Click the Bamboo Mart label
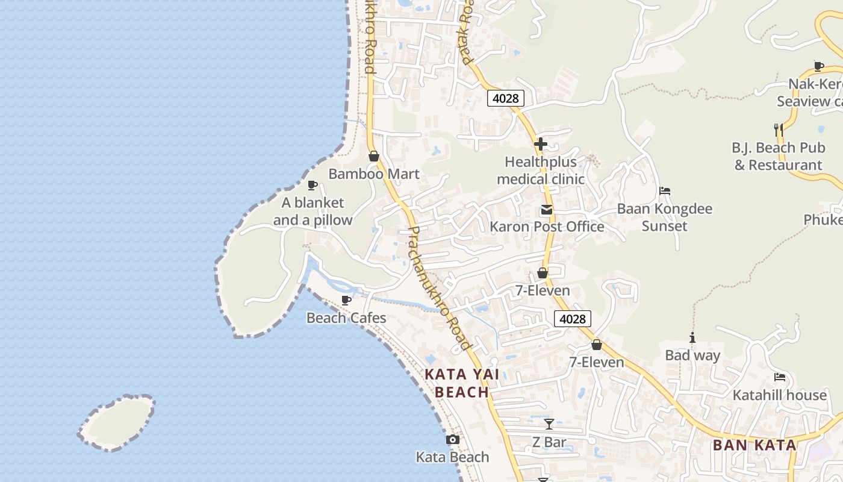click(x=373, y=174)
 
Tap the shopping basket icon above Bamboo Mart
click(x=374, y=157)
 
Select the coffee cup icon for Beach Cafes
click(x=346, y=300)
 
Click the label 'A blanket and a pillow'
click(x=313, y=211)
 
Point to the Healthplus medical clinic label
click(x=541, y=171)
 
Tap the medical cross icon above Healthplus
click(x=541, y=144)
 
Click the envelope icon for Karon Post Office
click(x=547, y=210)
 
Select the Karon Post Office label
click(x=547, y=227)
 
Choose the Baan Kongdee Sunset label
click(x=664, y=218)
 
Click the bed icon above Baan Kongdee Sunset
click(x=665, y=191)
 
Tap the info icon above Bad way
click(x=692, y=338)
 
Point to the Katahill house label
click(x=779, y=395)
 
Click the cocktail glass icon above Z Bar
click(x=549, y=424)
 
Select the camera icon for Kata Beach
click(x=453, y=440)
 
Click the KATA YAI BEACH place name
click(x=462, y=383)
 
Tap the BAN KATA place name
click(x=754, y=445)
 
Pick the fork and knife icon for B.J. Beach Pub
click(x=778, y=130)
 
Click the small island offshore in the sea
click(x=117, y=423)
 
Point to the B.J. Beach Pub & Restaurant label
click(x=778, y=157)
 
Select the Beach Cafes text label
click(x=346, y=318)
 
